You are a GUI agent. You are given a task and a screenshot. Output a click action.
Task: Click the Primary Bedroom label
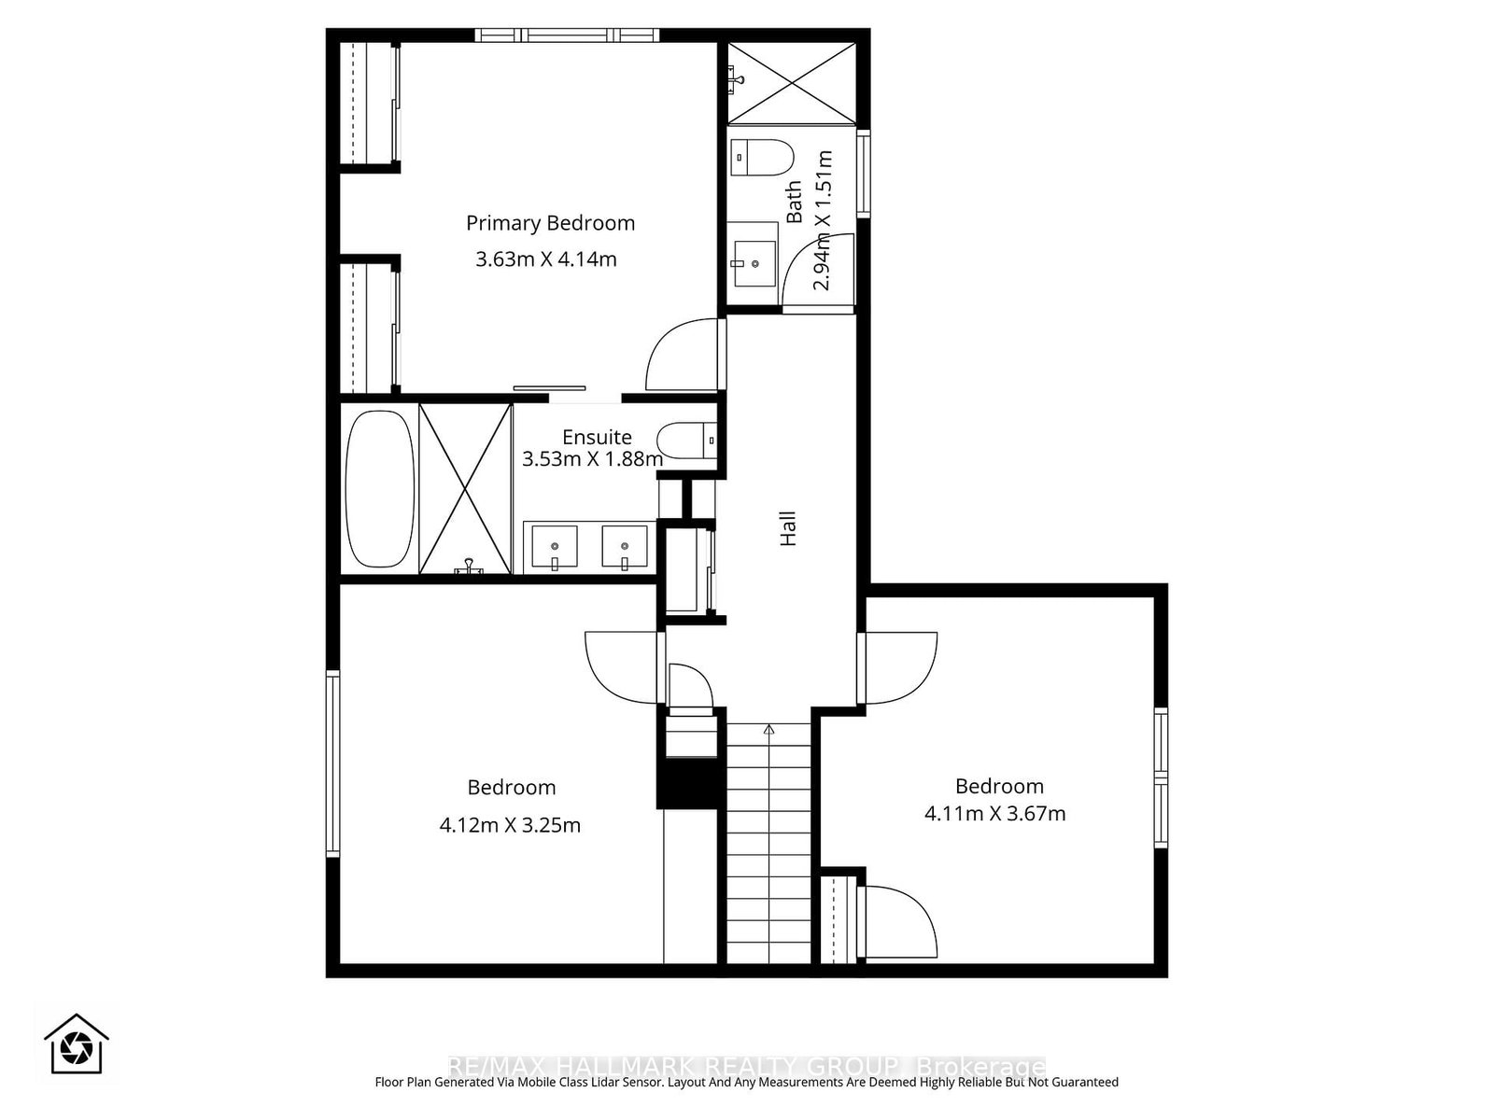[550, 223]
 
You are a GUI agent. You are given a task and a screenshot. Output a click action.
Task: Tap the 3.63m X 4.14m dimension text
[546, 259]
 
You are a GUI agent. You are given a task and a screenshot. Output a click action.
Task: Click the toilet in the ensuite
[685, 440]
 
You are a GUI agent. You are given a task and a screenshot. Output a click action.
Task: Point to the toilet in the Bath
[761, 157]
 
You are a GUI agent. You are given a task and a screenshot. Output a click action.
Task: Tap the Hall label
[788, 528]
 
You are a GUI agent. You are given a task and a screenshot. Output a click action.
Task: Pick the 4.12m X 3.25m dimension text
[510, 825]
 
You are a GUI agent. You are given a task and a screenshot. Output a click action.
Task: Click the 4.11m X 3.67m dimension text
[994, 813]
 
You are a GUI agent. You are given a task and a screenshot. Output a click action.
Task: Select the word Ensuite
[597, 437]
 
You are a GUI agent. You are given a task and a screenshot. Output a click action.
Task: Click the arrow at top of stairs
[768, 730]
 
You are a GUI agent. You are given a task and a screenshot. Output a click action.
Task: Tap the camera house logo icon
[77, 1043]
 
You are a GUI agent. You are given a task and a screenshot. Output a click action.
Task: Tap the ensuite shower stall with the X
[465, 488]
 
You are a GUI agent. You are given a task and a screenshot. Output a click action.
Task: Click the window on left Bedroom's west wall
[331, 763]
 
